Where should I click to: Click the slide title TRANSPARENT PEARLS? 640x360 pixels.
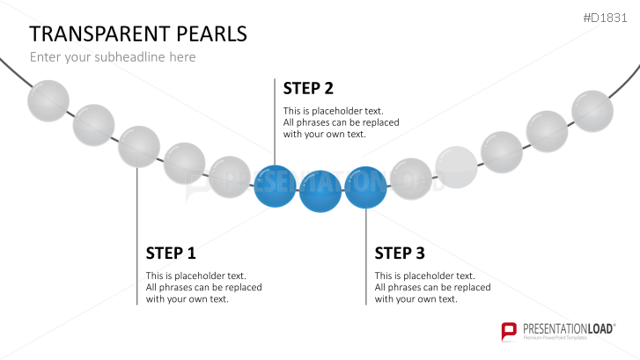138,33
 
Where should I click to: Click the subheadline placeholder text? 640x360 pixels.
113,57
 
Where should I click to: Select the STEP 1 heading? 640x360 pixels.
171,253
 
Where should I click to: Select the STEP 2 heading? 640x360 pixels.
308,88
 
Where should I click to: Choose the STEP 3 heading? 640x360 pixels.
400,253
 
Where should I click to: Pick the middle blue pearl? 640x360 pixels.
320,192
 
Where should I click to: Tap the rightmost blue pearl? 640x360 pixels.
365,187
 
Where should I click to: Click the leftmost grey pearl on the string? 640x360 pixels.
48,100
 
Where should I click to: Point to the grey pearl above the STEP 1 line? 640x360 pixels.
139,146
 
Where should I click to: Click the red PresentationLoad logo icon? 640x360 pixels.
509,332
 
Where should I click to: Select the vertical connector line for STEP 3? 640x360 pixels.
366,255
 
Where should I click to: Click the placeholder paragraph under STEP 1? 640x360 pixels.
203,287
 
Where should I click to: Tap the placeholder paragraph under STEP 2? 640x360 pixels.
341,122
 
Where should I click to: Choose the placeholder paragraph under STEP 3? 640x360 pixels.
432,287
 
